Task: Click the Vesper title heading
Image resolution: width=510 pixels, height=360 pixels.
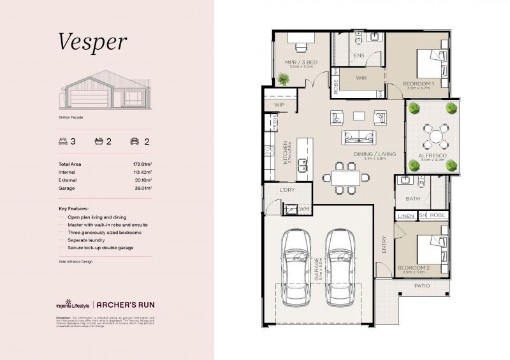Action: pos(93,42)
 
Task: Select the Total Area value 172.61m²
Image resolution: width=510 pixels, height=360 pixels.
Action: pos(141,164)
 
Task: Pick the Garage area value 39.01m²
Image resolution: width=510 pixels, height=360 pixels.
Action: pos(142,188)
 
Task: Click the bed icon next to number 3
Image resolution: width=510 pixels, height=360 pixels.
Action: pos(63,141)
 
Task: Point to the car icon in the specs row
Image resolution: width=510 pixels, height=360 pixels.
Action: pos(135,141)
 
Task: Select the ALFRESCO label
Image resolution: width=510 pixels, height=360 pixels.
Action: pos(432,155)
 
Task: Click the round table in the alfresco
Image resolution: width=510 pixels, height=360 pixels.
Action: pos(433,135)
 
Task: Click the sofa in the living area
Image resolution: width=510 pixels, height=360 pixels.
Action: pos(359,137)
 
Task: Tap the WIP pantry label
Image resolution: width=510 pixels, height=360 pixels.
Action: pos(279,104)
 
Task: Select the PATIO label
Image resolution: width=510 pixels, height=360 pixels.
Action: pos(422,285)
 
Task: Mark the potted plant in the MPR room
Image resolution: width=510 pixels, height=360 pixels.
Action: pos(283,79)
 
